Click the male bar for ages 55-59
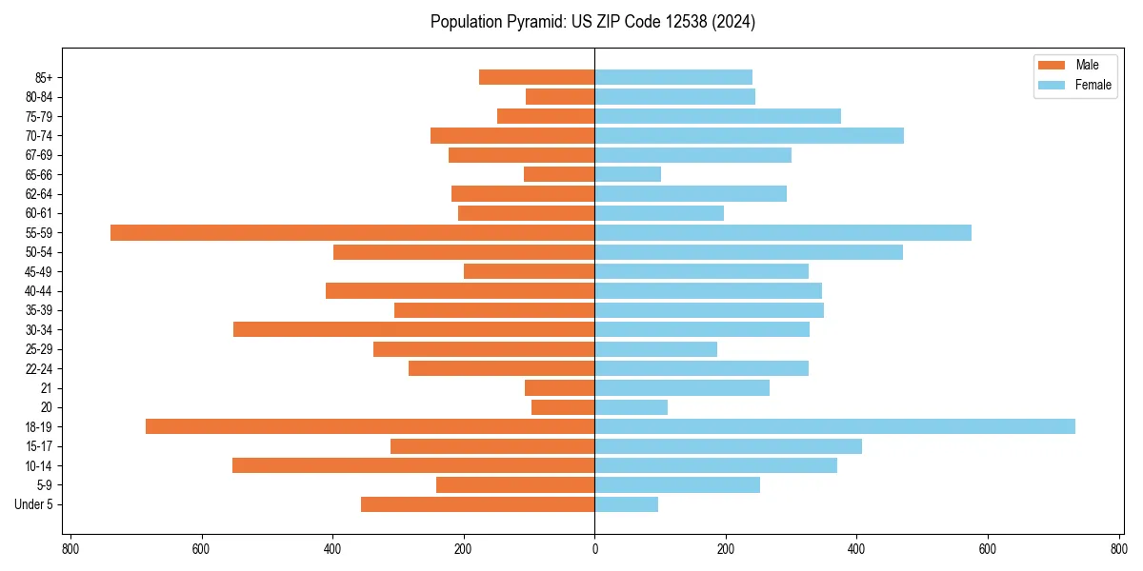(352, 232)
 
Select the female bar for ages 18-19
(834, 426)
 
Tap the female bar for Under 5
(626, 504)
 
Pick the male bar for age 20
(563, 407)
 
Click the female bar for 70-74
(749, 135)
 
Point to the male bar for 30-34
(414, 329)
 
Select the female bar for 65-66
(628, 174)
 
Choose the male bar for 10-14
(413, 465)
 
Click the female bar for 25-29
(655, 349)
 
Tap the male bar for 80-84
(560, 96)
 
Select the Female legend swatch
(1052, 86)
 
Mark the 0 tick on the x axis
(594, 549)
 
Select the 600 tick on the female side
(987, 549)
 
